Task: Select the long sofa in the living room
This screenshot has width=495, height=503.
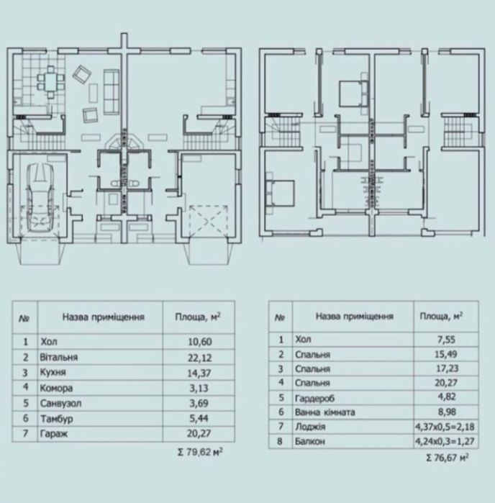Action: (x=112, y=91)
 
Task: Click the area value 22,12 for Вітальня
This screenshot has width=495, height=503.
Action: (x=200, y=358)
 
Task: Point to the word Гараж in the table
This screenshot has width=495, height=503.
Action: (x=54, y=434)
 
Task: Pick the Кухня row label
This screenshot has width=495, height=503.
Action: (x=53, y=373)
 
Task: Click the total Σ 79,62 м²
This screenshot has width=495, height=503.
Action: (x=200, y=452)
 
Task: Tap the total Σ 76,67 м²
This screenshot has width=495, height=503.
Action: (x=447, y=457)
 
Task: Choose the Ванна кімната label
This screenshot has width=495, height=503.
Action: (x=325, y=412)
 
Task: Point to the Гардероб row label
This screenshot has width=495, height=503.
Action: (x=314, y=398)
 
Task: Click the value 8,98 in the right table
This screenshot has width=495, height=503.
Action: (x=447, y=412)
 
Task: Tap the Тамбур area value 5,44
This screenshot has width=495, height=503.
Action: (x=199, y=418)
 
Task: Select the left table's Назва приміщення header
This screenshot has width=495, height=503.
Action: (x=104, y=317)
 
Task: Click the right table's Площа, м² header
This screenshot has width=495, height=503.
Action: (x=441, y=317)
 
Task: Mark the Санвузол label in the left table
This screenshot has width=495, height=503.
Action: (x=60, y=403)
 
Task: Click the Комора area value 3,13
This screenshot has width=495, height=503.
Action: (x=199, y=388)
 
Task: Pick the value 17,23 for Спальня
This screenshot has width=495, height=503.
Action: (x=446, y=368)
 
